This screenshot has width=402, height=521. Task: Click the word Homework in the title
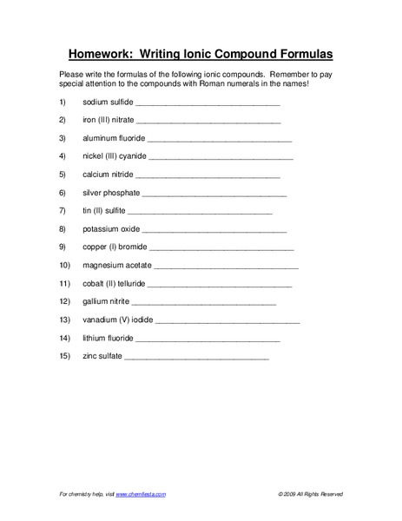106,51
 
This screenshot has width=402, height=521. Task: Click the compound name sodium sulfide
108,102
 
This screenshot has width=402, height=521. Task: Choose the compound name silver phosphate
111,193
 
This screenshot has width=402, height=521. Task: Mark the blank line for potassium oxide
214,231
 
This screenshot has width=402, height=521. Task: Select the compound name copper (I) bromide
115,247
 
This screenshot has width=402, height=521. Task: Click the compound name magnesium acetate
117,266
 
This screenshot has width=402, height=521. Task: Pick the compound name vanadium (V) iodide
117,320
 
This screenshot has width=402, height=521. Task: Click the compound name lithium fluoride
108,339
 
